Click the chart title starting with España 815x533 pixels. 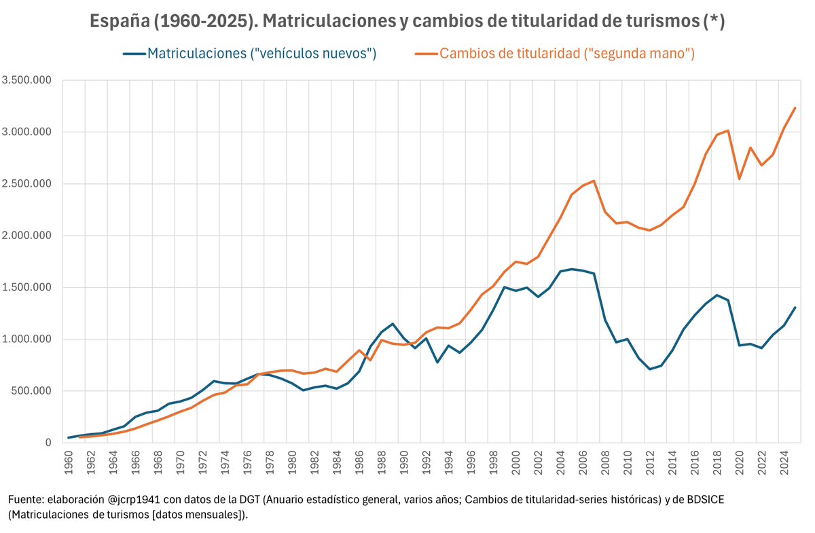pos(407,21)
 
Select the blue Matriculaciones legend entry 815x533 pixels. pos(250,54)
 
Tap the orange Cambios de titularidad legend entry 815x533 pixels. pos(555,54)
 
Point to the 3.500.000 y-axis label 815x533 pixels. pos(26,80)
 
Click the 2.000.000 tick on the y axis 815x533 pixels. pos(26,236)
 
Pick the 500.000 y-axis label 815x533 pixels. pos(31,390)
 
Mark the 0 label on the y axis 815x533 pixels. pos(48,443)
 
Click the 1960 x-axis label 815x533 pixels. pos(69,462)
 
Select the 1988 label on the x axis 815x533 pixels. pos(382,462)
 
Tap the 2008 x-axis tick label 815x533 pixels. pos(605,462)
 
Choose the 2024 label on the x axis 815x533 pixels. pos(784,462)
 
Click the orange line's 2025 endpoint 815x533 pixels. pos(795,108)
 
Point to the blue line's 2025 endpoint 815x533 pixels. pos(795,308)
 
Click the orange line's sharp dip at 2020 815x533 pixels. pos(740,179)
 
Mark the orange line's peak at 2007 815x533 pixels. pos(594,181)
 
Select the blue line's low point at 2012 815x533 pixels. pos(650,369)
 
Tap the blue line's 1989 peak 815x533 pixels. pos(393,324)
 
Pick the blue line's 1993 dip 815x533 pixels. pos(437,363)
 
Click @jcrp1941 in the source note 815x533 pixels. pos(134,500)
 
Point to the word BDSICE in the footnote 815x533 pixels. pos(706,500)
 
